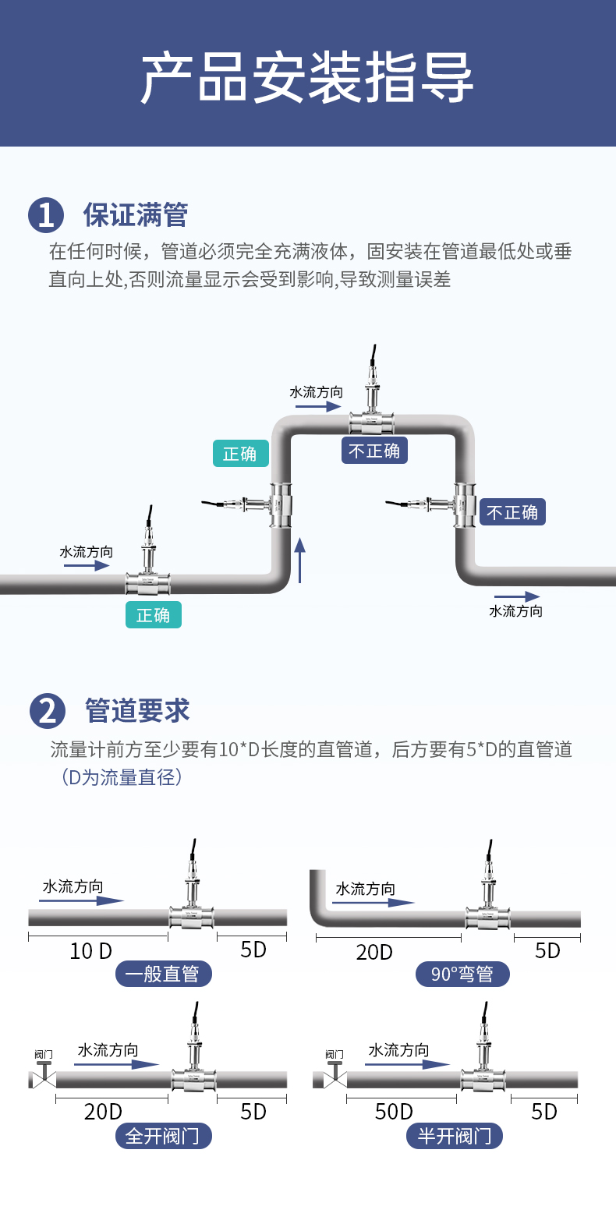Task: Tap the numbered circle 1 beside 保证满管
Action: point(46,215)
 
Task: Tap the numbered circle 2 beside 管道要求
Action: point(48,710)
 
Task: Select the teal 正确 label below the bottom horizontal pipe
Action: point(154,615)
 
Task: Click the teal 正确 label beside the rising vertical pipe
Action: point(241,454)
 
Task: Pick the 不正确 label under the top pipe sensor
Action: point(374,451)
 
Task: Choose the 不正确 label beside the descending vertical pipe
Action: point(513,512)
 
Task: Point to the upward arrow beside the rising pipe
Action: point(299,560)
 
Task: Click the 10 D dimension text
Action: point(90,951)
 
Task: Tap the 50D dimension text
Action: point(394,1112)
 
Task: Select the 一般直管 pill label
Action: point(163,974)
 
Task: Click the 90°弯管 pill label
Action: point(462,975)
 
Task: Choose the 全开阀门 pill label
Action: point(163,1136)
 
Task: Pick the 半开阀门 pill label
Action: point(455,1136)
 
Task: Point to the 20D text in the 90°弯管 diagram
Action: point(374,953)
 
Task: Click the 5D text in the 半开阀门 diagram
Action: point(544,1112)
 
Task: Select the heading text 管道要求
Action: point(136,710)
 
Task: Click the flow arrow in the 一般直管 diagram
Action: point(81,900)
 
